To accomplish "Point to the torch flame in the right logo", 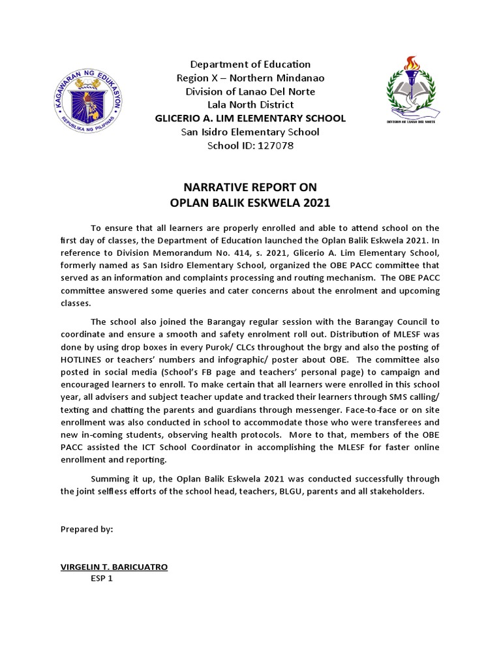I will tap(410, 63).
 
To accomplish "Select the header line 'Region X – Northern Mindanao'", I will tap(250, 78).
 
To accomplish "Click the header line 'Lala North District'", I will tap(250, 104).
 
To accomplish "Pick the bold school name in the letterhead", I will tap(250, 118).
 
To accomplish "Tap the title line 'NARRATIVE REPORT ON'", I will tap(250, 188).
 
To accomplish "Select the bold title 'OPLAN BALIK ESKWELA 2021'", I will tap(250, 203).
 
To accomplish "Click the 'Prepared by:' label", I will tap(87, 529).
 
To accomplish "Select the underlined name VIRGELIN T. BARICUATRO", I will tap(114, 567).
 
